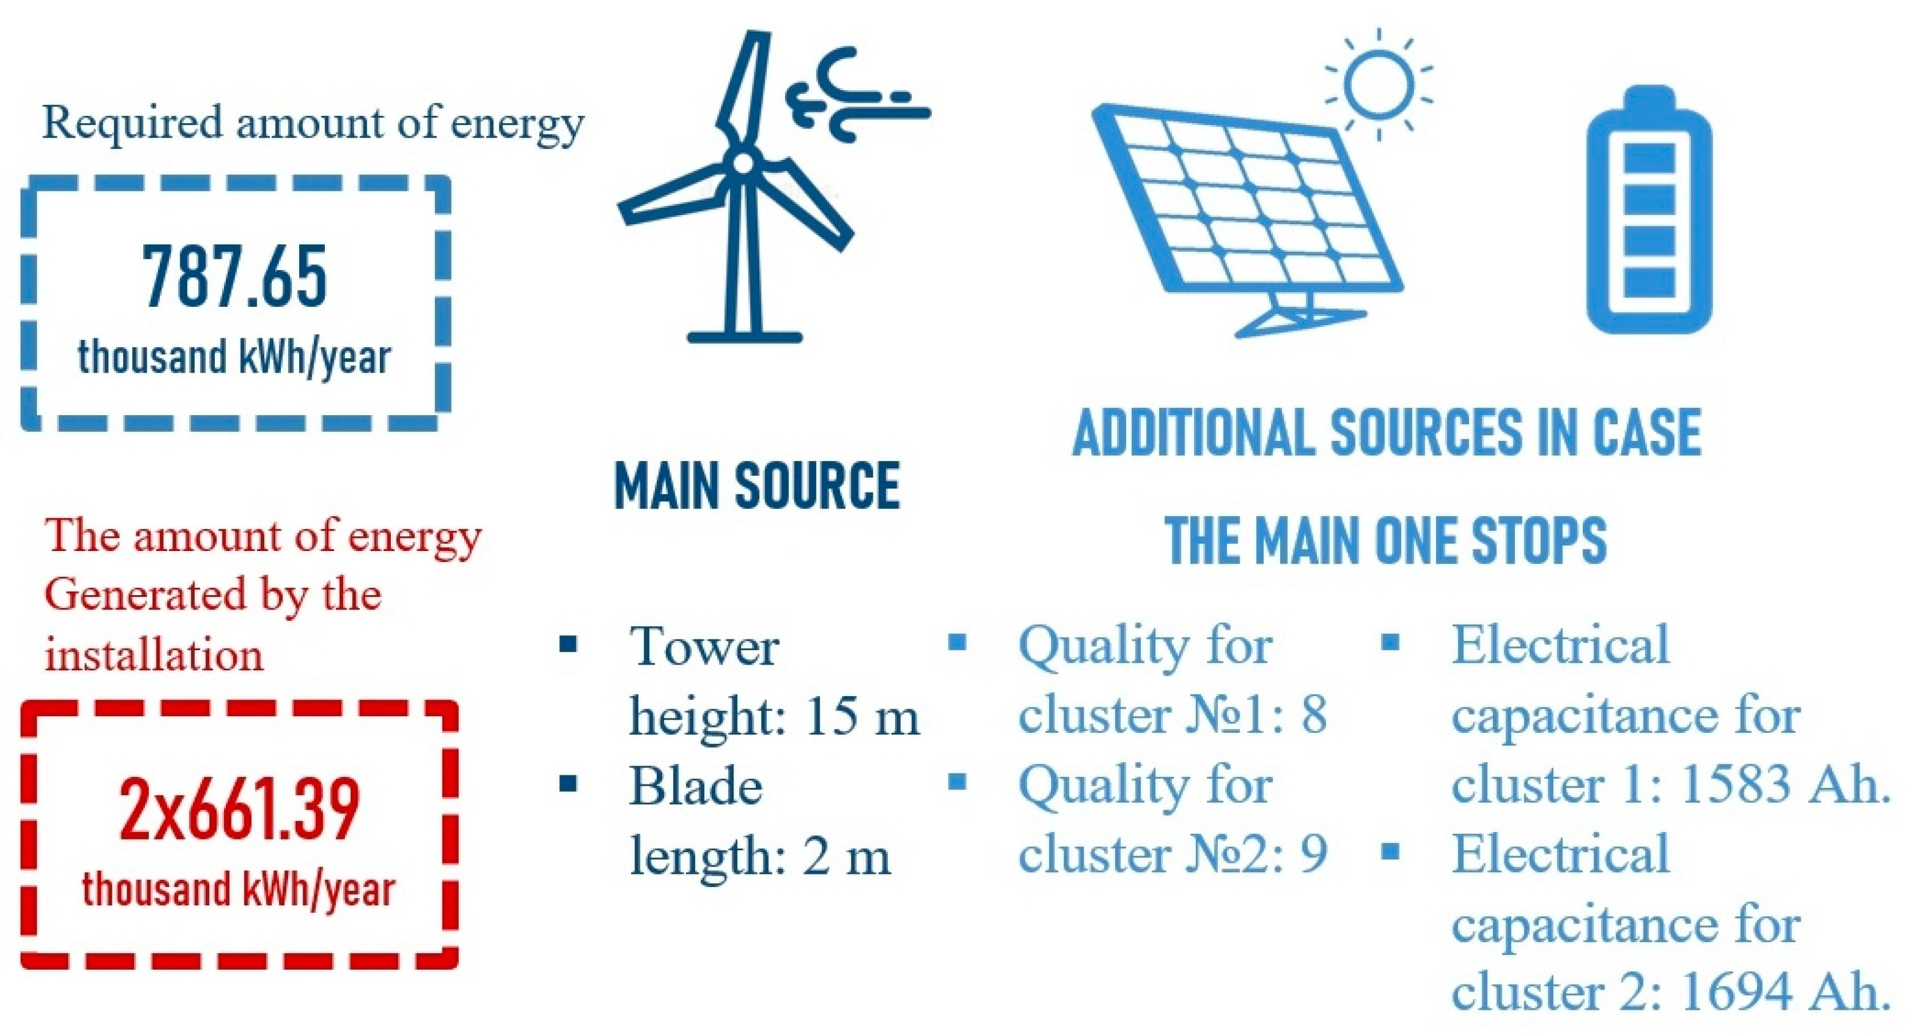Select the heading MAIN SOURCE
(x=757, y=486)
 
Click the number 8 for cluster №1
(x=1314, y=714)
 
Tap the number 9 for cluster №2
(x=1314, y=853)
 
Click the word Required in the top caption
(x=132, y=123)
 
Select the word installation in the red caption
(x=154, y=655)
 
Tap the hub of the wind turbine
(x=742, y=162)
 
